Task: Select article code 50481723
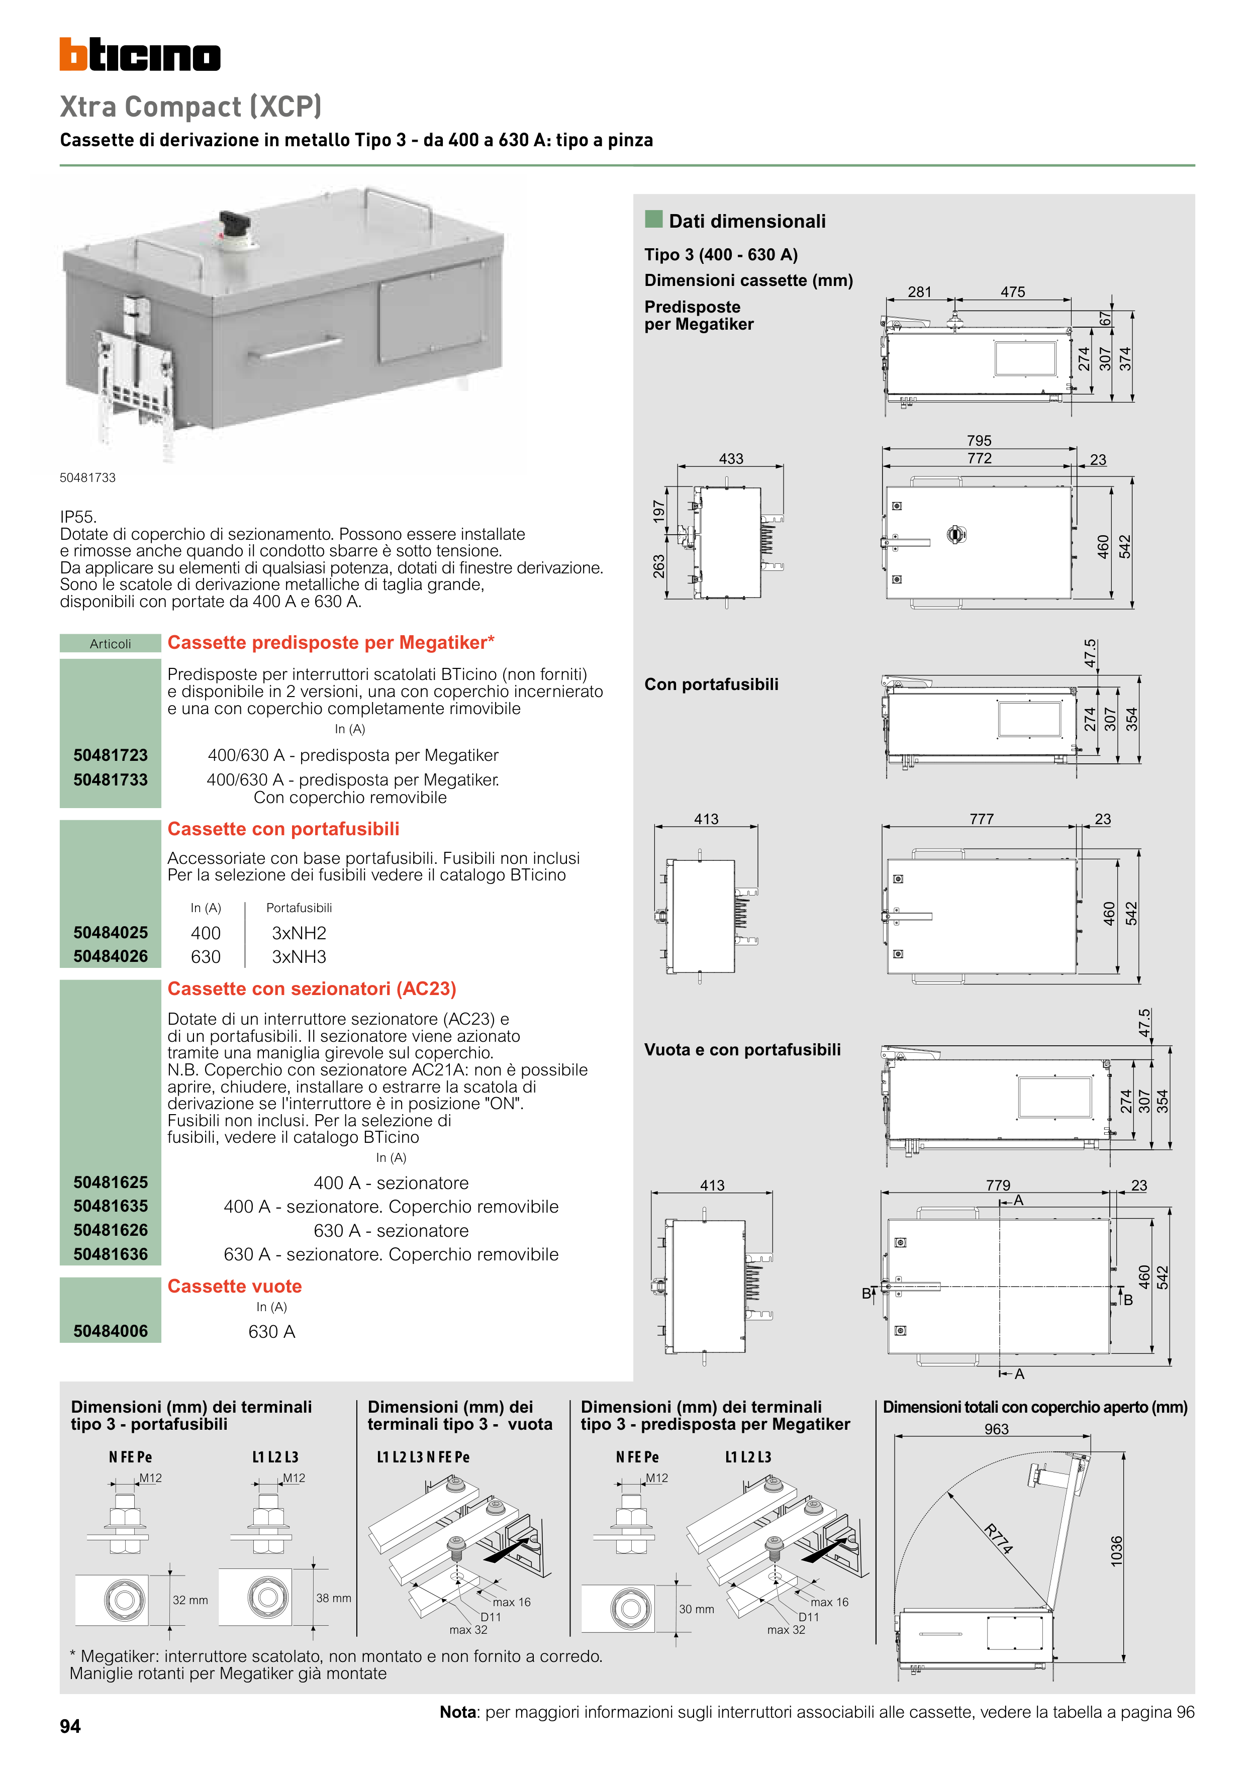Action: (111, 755)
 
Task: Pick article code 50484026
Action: (111, 956)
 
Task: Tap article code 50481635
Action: (111, 1206)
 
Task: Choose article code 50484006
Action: (111, 1331)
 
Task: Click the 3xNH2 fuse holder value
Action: (299, 933)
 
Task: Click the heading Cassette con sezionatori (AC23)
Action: (312, 989)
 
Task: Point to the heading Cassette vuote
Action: (234, 1287)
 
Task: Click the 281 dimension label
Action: (919, 292)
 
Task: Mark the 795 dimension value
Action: (979, 441)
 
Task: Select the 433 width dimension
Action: (731, 458)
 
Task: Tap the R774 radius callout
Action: (998, 1538)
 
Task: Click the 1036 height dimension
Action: (1116, 1551)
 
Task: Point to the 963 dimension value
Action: (997, 1429)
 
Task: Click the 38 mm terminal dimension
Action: (333, 1598)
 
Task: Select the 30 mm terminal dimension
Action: (696, 1609)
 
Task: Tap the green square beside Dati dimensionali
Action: (653, 220)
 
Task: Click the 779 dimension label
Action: (998, 1185)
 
